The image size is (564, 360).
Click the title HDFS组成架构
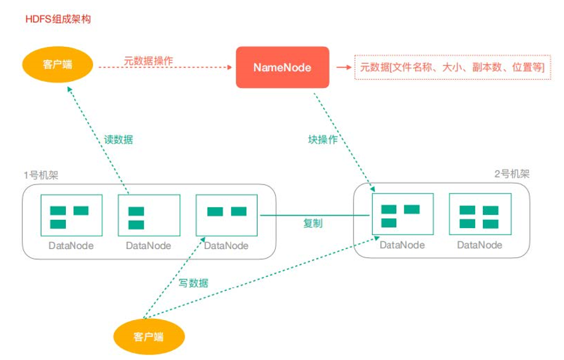pos(58,19)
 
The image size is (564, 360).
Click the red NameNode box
pos(283,67)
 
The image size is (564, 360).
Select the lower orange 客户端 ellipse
pos(150,335)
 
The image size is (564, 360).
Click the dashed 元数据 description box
pos(452,67)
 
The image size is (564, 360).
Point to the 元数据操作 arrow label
pos(148,61)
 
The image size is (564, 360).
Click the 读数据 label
pos(119,140)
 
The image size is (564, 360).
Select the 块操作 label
pos(323,140)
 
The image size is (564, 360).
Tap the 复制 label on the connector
pos(314,223)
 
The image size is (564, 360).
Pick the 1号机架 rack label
pos(40,174)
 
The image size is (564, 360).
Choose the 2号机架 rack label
pos(511,174)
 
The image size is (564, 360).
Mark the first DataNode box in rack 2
pos(402,216)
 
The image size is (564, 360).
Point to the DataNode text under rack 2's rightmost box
pos(480,245)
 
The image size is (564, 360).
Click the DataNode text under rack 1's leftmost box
pos(71,246)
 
